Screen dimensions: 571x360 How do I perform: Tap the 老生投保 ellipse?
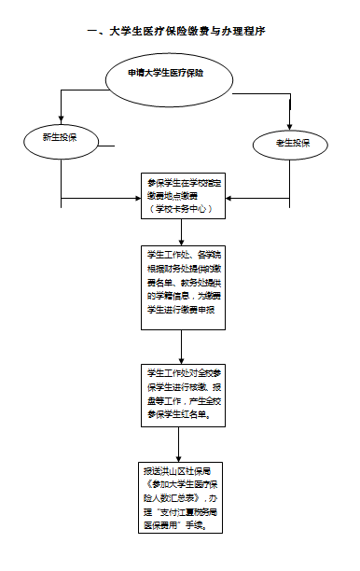tap(289, 143)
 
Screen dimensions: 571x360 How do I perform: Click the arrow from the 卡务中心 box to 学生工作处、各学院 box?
tap(181, 234)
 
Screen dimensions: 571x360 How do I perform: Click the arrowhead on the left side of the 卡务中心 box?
tap(133, 198)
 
